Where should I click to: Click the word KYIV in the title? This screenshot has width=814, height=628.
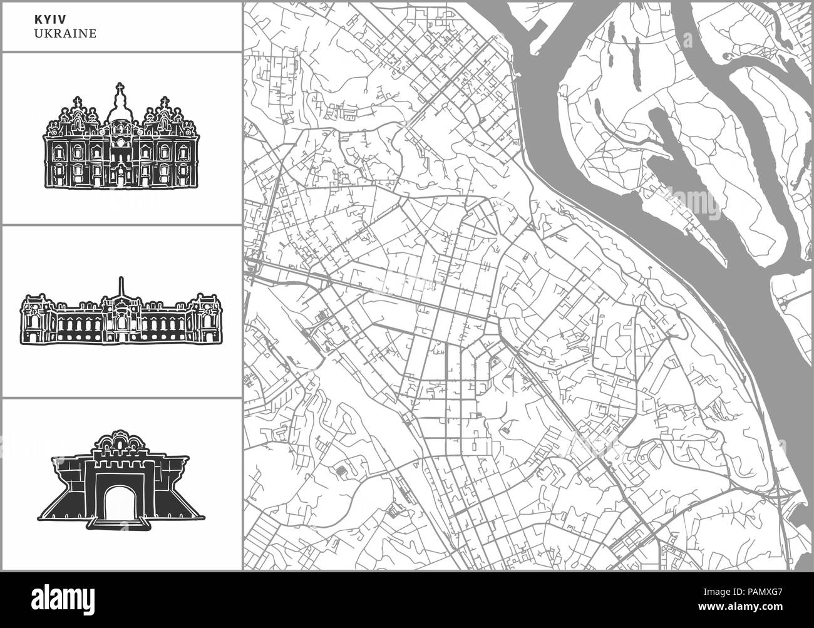coord(46,19)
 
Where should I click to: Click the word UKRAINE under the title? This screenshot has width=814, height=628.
coord(65,34)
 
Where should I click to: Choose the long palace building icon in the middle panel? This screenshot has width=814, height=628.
coord(121,313)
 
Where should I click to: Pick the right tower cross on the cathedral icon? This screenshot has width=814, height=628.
coord(165,101)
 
